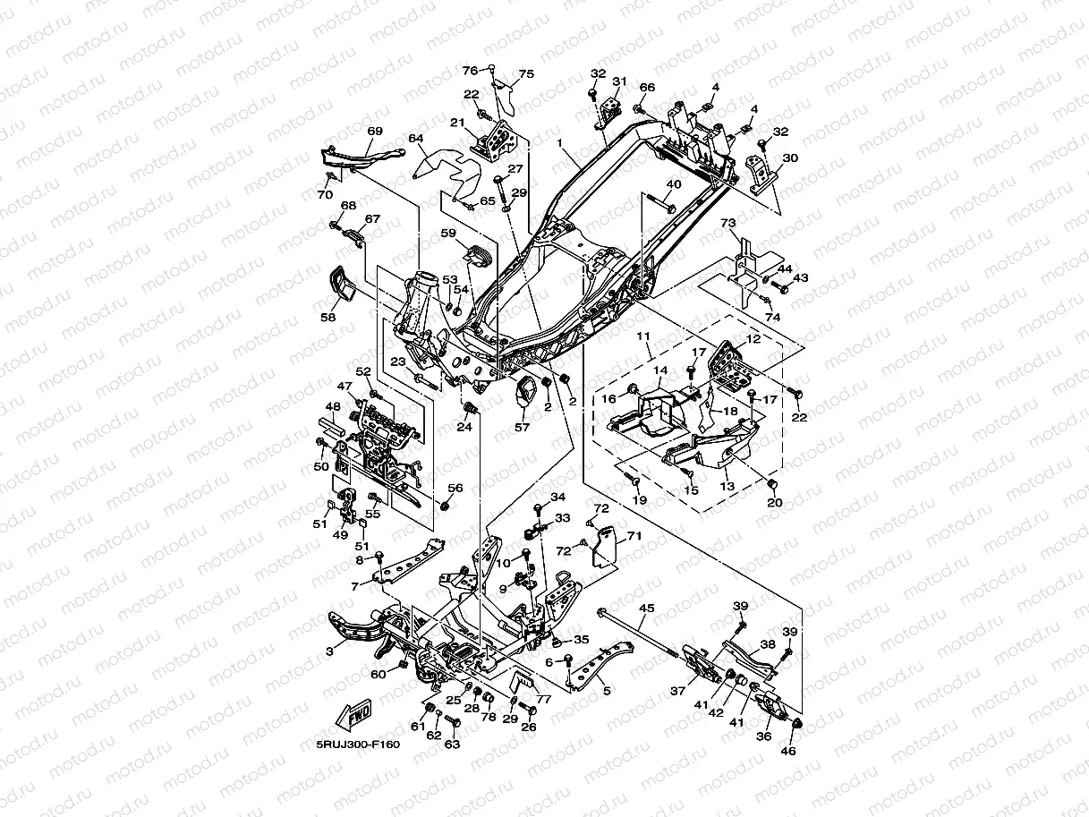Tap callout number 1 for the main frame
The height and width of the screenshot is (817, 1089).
pyautogui.click(x=558, y=143)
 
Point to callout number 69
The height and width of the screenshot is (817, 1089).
pyautogui.click(x=374, y=132)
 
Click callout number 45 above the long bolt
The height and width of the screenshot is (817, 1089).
pyautogui.click(x=646, y=608)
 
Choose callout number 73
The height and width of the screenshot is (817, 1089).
pyautogui.click(x=727, y=222)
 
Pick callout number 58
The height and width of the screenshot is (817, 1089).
pyautogui.click(x=328, y=317)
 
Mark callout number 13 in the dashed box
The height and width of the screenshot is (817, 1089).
pyautogui.click(x=727, y=486)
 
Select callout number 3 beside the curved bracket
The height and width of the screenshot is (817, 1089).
pyautogui.click(x=329, y=651)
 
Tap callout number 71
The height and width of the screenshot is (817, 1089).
pyautogui.click(x=634, y=535)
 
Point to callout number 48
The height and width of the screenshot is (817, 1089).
pyautogui.click(x=332, y=406)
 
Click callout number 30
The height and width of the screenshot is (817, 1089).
pyautogui.click(x=789, y=157)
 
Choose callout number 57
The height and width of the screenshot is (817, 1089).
pyautogui.click(x=522, y=428)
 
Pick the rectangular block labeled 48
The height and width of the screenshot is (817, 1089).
pyautogui.click(x=329, y=424)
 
